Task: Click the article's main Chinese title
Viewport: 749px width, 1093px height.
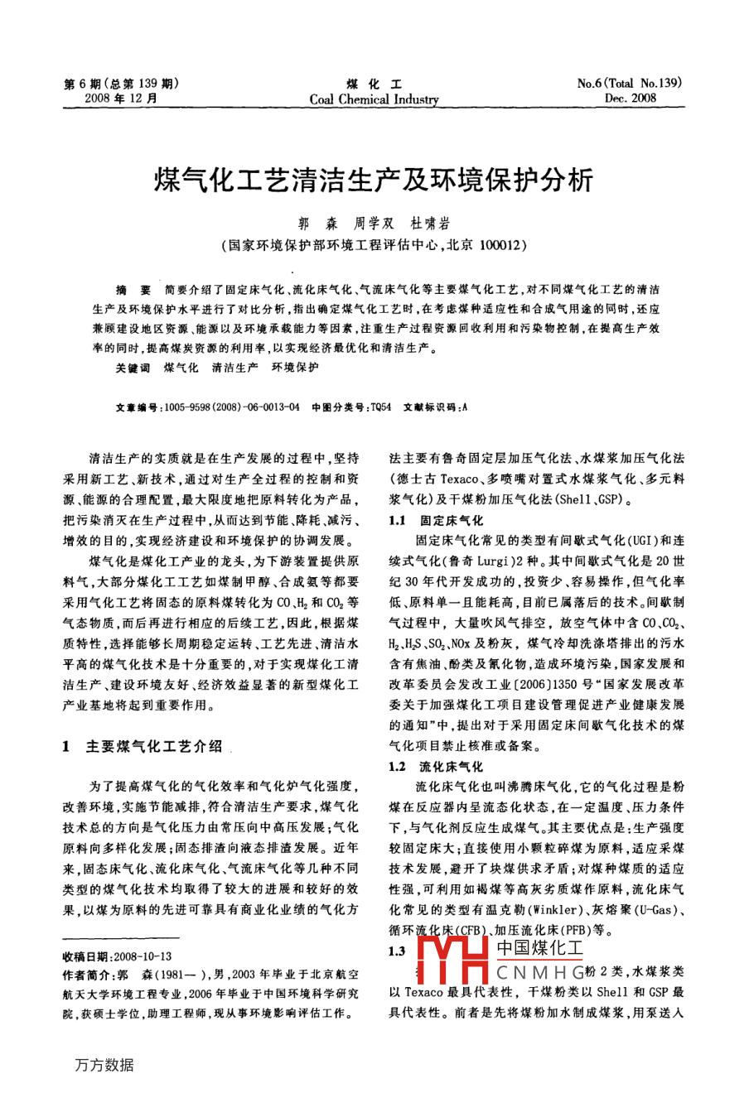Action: click(x=374, y=179)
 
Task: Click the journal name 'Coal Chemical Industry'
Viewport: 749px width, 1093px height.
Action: click(x=374, y=99)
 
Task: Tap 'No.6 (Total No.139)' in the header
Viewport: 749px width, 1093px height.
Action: click(x=629, y=83)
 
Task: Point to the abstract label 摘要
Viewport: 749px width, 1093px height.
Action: click(x=133, y=290)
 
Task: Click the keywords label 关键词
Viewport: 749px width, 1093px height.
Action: click(x=133, y=367)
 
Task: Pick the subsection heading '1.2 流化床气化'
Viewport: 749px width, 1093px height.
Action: click(x=435, y=767)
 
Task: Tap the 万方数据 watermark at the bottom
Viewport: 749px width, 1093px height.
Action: click(x=104, y=1065)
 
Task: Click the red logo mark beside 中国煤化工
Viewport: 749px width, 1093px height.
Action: click(x=452, y=961)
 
